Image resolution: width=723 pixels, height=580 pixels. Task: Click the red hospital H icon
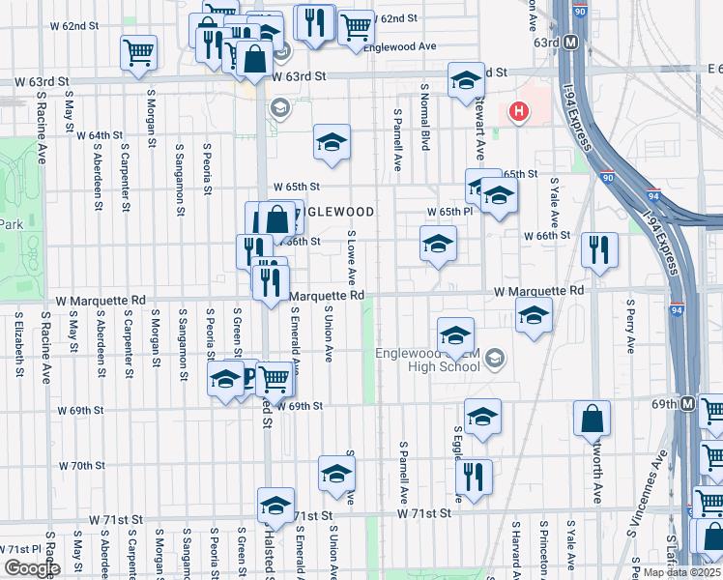[x=519, y=112]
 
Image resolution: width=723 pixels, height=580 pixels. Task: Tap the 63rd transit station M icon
[x=571, y=43]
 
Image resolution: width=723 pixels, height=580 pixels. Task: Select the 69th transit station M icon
[x=687, y=403]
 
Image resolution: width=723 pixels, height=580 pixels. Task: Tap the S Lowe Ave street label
[x=352, y=256]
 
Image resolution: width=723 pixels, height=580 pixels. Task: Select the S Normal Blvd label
[x=424, y=116]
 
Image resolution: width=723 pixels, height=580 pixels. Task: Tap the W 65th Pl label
[x=450, y=212]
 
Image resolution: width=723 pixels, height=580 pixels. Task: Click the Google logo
[x=31, y=568]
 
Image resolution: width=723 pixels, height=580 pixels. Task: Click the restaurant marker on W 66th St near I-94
[x=599, y=250]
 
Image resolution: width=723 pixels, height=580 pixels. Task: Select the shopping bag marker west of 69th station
[x=592, y=420]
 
